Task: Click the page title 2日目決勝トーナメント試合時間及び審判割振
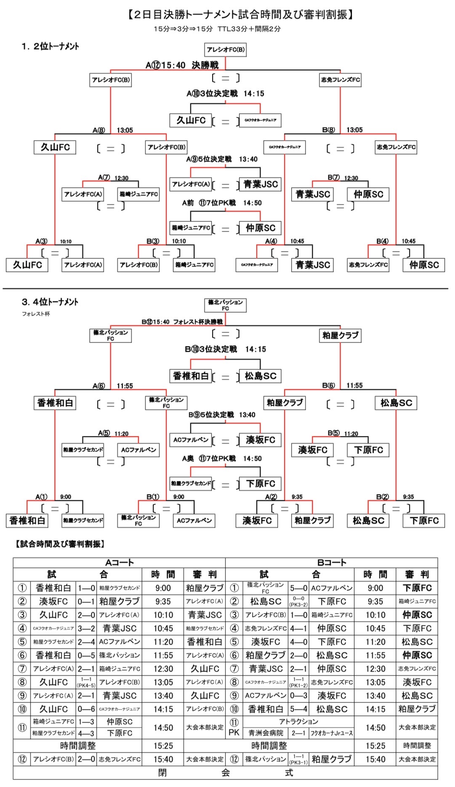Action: pos(240,15)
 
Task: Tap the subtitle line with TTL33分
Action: pos(217,29)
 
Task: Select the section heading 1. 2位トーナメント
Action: pos(50,46)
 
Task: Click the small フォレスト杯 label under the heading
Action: pos(36,314)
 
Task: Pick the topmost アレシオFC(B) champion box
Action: pos(225,50)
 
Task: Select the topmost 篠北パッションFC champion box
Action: pos(225,305)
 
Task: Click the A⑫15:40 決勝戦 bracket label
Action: pos(182,65)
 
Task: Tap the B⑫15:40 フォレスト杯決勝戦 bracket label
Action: pos(182,322)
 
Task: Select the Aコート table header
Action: pos(119,563)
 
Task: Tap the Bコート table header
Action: pos(332,563)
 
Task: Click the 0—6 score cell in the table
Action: pos(86,709)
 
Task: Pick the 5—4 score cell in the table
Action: pos(298,709)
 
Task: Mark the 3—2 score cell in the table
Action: pos(86,628)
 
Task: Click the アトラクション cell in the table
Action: pos(298,722)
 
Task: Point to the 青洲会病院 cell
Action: pos(266,733)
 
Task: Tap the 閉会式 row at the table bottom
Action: pos(225,773)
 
